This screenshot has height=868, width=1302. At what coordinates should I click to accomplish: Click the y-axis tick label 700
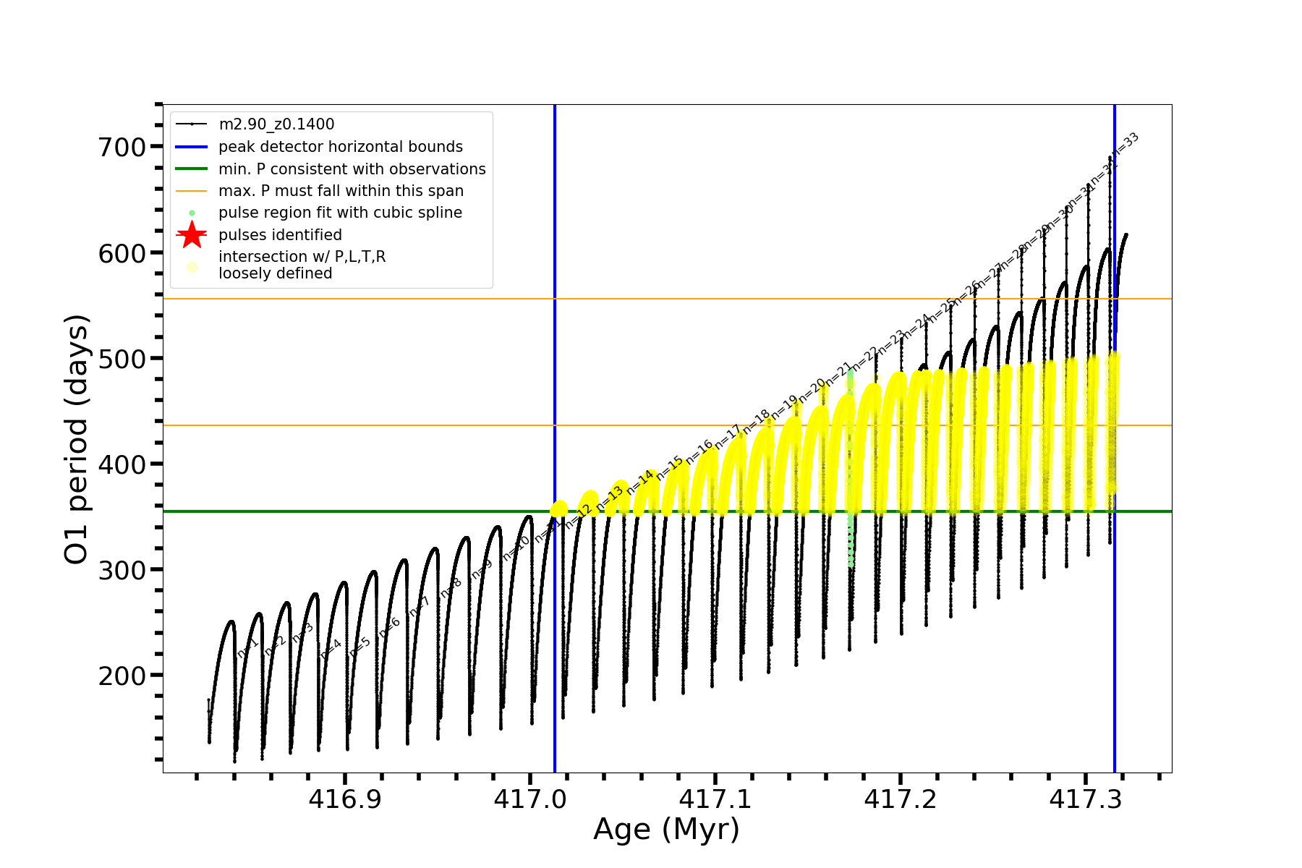[122, 147]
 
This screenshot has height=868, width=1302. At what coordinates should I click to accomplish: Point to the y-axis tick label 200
[122, 676]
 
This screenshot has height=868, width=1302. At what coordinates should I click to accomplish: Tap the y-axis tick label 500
[122, 359]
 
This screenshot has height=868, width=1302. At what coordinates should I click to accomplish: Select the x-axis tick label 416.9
[345, 799]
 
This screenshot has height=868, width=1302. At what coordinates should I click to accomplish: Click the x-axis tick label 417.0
[530, 799]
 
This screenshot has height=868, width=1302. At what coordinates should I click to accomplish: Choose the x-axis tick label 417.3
[1086, 799]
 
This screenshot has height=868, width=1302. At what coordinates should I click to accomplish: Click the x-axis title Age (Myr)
[666, 830]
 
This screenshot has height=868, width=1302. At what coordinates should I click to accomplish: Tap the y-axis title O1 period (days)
[77, 439]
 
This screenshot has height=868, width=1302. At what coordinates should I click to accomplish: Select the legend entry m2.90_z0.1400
[276, 124]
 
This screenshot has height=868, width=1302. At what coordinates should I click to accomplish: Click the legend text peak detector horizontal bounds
[340, 147]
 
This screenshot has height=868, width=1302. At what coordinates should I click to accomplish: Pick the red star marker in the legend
[192, 234]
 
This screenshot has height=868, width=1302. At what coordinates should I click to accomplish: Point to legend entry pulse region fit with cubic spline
[340, 213]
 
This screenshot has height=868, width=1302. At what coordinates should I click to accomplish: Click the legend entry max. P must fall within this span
[341, 191]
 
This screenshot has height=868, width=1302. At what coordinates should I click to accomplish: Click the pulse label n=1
[247, 648]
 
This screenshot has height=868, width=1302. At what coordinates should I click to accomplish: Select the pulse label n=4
[331, 648]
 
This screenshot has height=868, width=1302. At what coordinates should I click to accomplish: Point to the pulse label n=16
[699, 451]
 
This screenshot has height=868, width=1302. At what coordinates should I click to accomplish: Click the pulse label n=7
[420, 607]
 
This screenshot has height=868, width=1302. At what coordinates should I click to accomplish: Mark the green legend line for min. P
[192, 169]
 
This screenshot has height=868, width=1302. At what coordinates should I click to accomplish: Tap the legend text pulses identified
[280, 235]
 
